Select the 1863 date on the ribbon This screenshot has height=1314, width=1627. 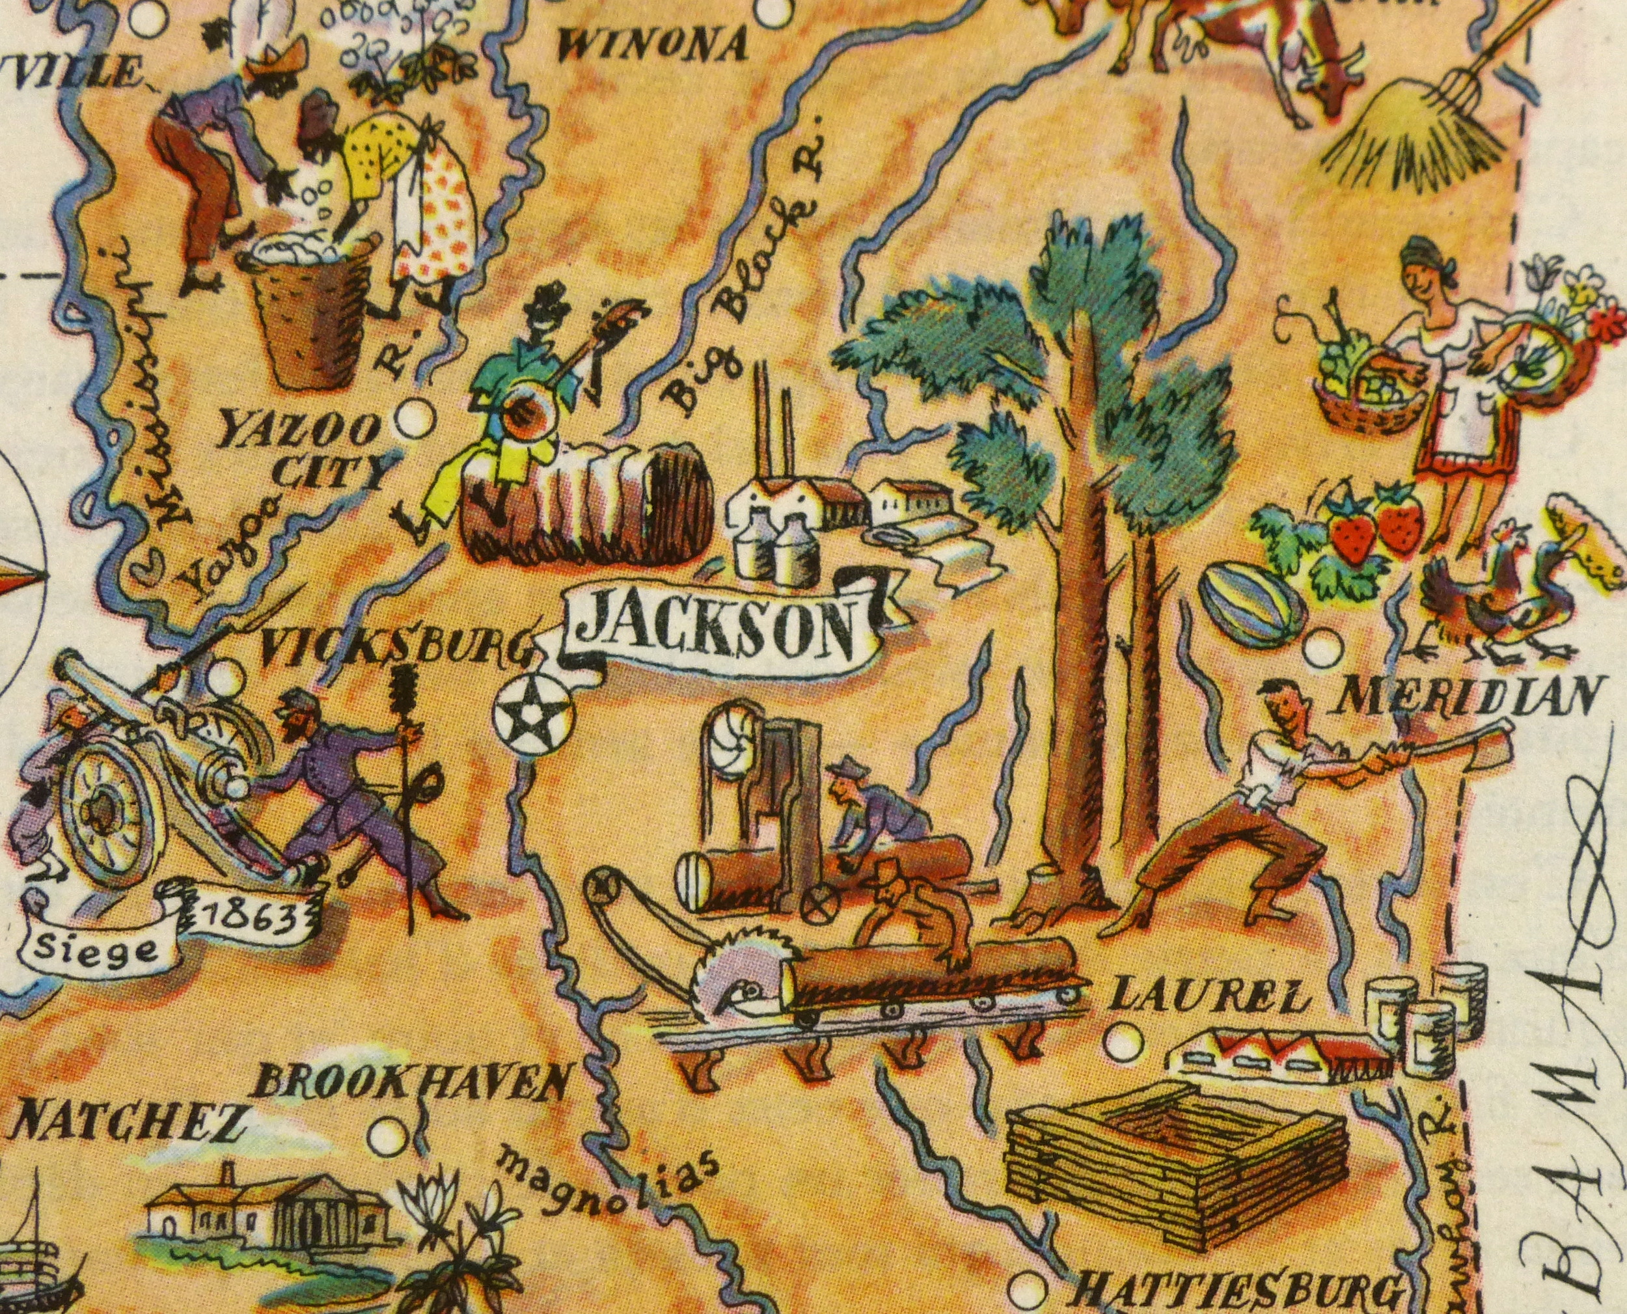[x=245, y=918]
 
